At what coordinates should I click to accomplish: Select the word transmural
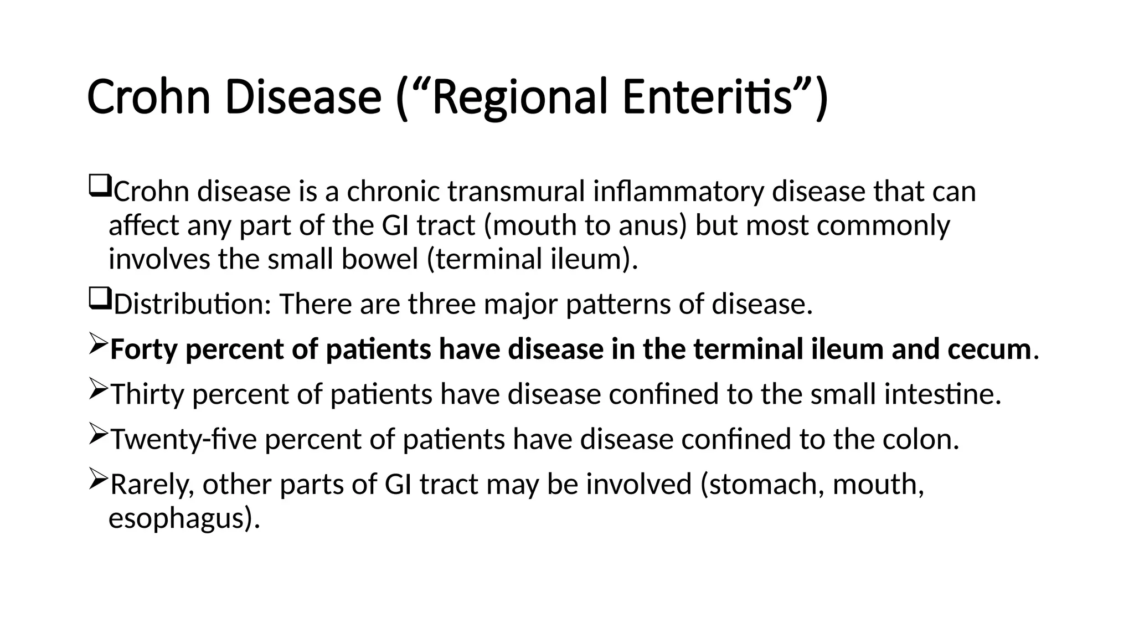click(x=516, y=192)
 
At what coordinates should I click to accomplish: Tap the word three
click(x=441, y=304)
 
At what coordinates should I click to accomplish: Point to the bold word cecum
click(x=989, y=349)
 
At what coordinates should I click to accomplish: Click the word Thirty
click(x=147, y=394)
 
